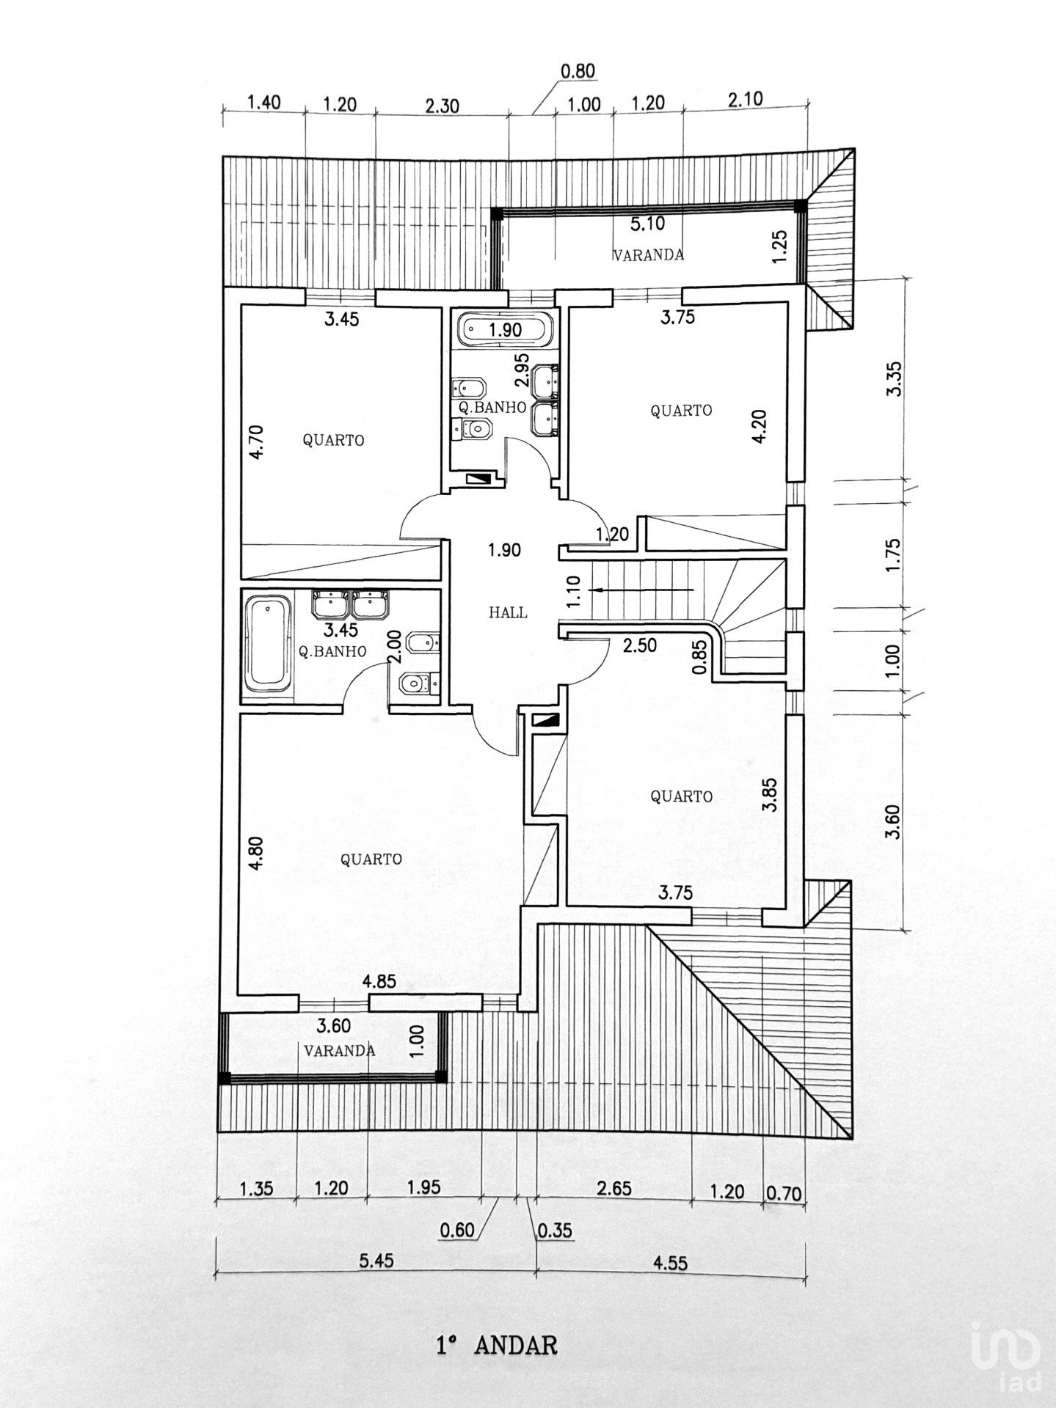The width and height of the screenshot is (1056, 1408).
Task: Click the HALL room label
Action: point(508,612)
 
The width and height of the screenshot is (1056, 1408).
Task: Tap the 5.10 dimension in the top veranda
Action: point(647,225)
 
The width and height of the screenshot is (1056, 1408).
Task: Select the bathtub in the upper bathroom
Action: point(505,329)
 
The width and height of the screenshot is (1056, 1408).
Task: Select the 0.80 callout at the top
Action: point(578,71)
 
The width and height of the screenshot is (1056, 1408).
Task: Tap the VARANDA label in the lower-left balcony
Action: point(339,1050)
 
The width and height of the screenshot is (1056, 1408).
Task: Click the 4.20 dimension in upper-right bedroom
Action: point(761,426)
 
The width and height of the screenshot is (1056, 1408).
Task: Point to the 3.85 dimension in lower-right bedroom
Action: point(769,794)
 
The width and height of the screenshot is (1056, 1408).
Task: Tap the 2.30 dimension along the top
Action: point(442,105)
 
